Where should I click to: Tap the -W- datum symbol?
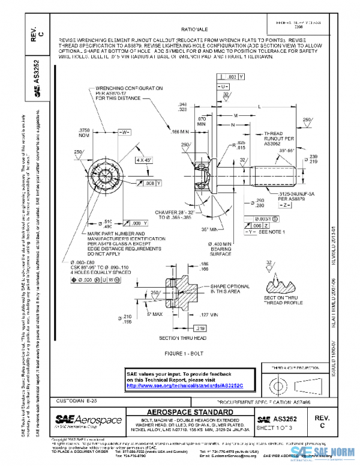coord(124,132)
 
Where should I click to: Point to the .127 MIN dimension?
coord(208,314)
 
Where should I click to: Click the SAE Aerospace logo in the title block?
coord(88,421)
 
